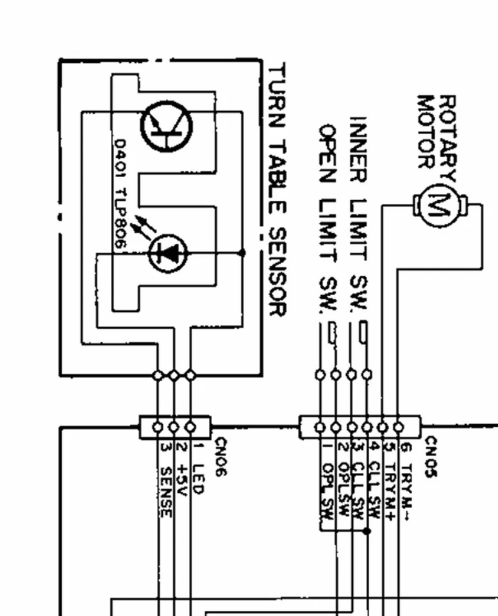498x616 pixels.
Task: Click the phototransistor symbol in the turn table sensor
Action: click(166, 126)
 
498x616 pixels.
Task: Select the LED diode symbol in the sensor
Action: click(167, 253)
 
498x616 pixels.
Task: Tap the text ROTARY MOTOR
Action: click(436, 132)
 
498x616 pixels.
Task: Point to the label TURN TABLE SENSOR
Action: click(276, 189)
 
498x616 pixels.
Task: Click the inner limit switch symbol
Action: click(363, 333)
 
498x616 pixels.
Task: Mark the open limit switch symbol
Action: click(331, 333)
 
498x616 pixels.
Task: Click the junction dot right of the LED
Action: click(242, 253)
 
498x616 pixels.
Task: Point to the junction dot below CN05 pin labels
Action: click(367, 531)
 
